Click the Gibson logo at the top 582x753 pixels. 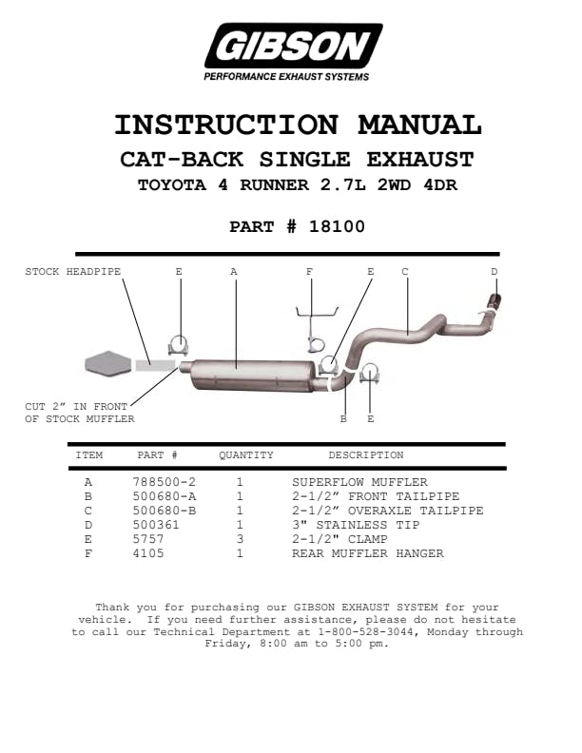[x=293, y=51]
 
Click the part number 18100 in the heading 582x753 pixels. [x=337, y=226]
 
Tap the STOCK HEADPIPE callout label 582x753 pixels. [x=73, y=271]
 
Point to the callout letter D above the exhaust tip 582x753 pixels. [x=495, y=271]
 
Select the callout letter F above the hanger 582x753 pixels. [x=309, y=271]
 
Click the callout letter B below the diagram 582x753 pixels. [x=343, y=418]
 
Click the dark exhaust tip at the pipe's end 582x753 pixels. [x=495, y=300]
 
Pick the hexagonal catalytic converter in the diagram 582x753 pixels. [x=108, y=363]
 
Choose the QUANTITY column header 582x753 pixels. [x=246, y=454]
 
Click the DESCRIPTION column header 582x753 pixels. [x=366, y=454]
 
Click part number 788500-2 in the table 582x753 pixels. [x=165, y=482]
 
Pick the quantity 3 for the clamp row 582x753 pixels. [x=240, y=539]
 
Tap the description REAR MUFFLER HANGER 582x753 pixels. [x=368, y=553]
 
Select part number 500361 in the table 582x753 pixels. [x=156, y=525]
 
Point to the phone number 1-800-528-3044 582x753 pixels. [x=365, y=631]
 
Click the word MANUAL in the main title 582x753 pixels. [x=419, y=125]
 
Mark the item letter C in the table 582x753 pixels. [x=87, y=511]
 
